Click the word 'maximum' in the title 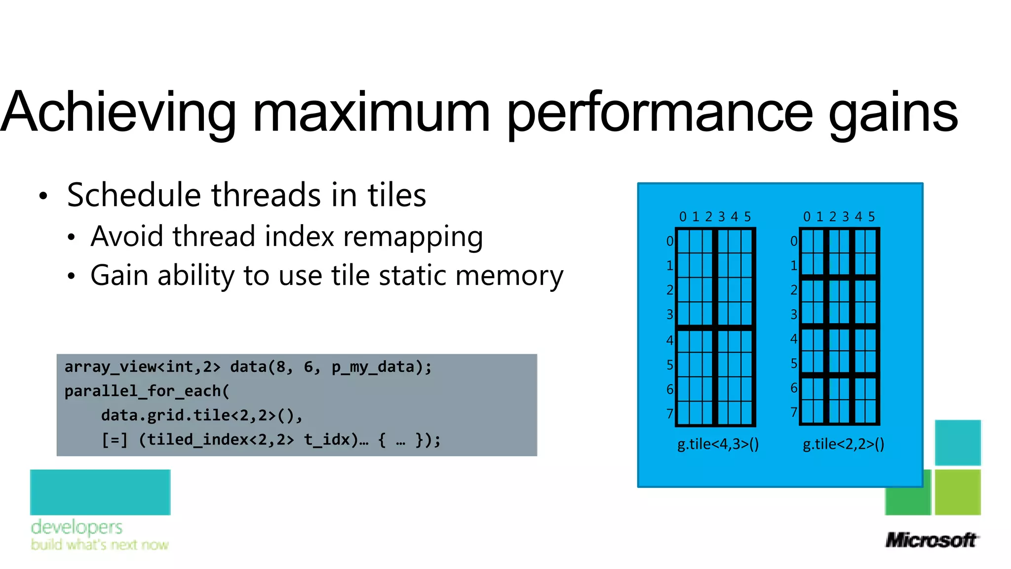pyautogui.click(x=371, y=113)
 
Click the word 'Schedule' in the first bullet pyautogui.click(x=134, y=195)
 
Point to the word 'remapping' pyautogui.click(x=413, y=237)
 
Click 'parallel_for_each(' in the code pyautogui.click(x=147, y=391)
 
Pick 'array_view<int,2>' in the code pyautogui.click(x=142, y=367)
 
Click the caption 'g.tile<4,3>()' pyautogui.click(x=718, y=444)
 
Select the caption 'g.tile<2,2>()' pyautogui.click(x=843, y=444)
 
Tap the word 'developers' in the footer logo pyautogui.click(x=77, y=527)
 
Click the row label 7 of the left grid pyautogui.click(x=670, y=413)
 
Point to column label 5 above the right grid pyautogui.click(x=871, y=217)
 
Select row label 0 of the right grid pyautogui.click(x=794, y=241)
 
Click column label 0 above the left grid pyautogui.click(x=683, y=217)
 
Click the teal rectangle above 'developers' pyautogui.click(x=100, y=492)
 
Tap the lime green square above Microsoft pyautogui.click(x=958, y=492)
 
